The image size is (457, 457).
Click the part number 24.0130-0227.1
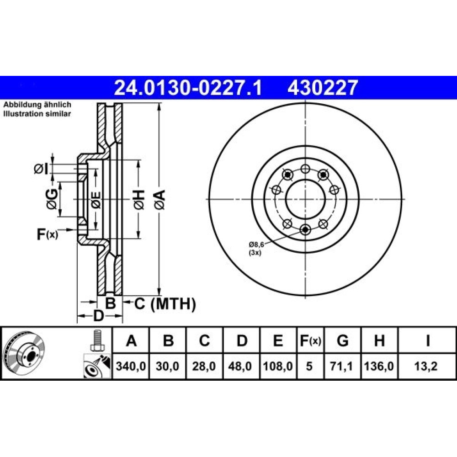tap(188, 88)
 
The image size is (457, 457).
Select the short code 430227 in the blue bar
tap(323, 88)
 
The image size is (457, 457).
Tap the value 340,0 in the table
tap(131, 366)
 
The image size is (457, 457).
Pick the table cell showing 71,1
tap(343, 366)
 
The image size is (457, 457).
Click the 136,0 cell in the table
tap(379, 366)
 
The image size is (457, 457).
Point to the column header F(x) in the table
tap(311, 340)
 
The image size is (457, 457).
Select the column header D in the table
tap(242, 340)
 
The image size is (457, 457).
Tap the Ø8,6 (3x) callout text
tap(256, 249)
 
